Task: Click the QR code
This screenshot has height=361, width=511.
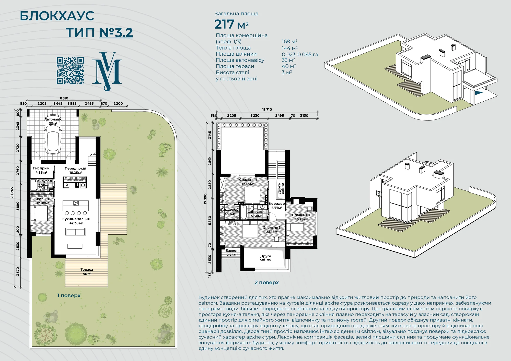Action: click(70, 71)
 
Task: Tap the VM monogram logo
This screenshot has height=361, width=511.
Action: click(107, 71)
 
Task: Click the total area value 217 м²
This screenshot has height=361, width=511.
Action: click(231, 24)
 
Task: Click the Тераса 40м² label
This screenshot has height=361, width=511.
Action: click(87, 272)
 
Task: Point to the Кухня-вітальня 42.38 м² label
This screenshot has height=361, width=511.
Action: click(76, 221)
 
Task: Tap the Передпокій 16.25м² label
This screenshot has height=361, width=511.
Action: click(75, 171)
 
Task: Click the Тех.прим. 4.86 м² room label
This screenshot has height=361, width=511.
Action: click(41, 170)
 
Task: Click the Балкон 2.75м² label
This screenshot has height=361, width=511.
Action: click(232, 253)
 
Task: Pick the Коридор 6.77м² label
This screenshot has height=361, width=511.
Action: click(277, 206)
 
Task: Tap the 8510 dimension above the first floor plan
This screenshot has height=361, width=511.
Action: click(64, 98)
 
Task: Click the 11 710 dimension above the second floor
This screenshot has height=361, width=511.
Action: click(267, 110)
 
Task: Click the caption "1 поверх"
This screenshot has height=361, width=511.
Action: click(69, 295)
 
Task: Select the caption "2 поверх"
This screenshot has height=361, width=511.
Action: click(267, 283)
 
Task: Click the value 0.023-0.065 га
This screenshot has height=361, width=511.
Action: click(300, 54)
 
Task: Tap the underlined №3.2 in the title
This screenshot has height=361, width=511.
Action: click(116, 33)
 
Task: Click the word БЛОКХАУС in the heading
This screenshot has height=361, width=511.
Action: click(57, 16)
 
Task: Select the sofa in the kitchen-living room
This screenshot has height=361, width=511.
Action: click(75, 232)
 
